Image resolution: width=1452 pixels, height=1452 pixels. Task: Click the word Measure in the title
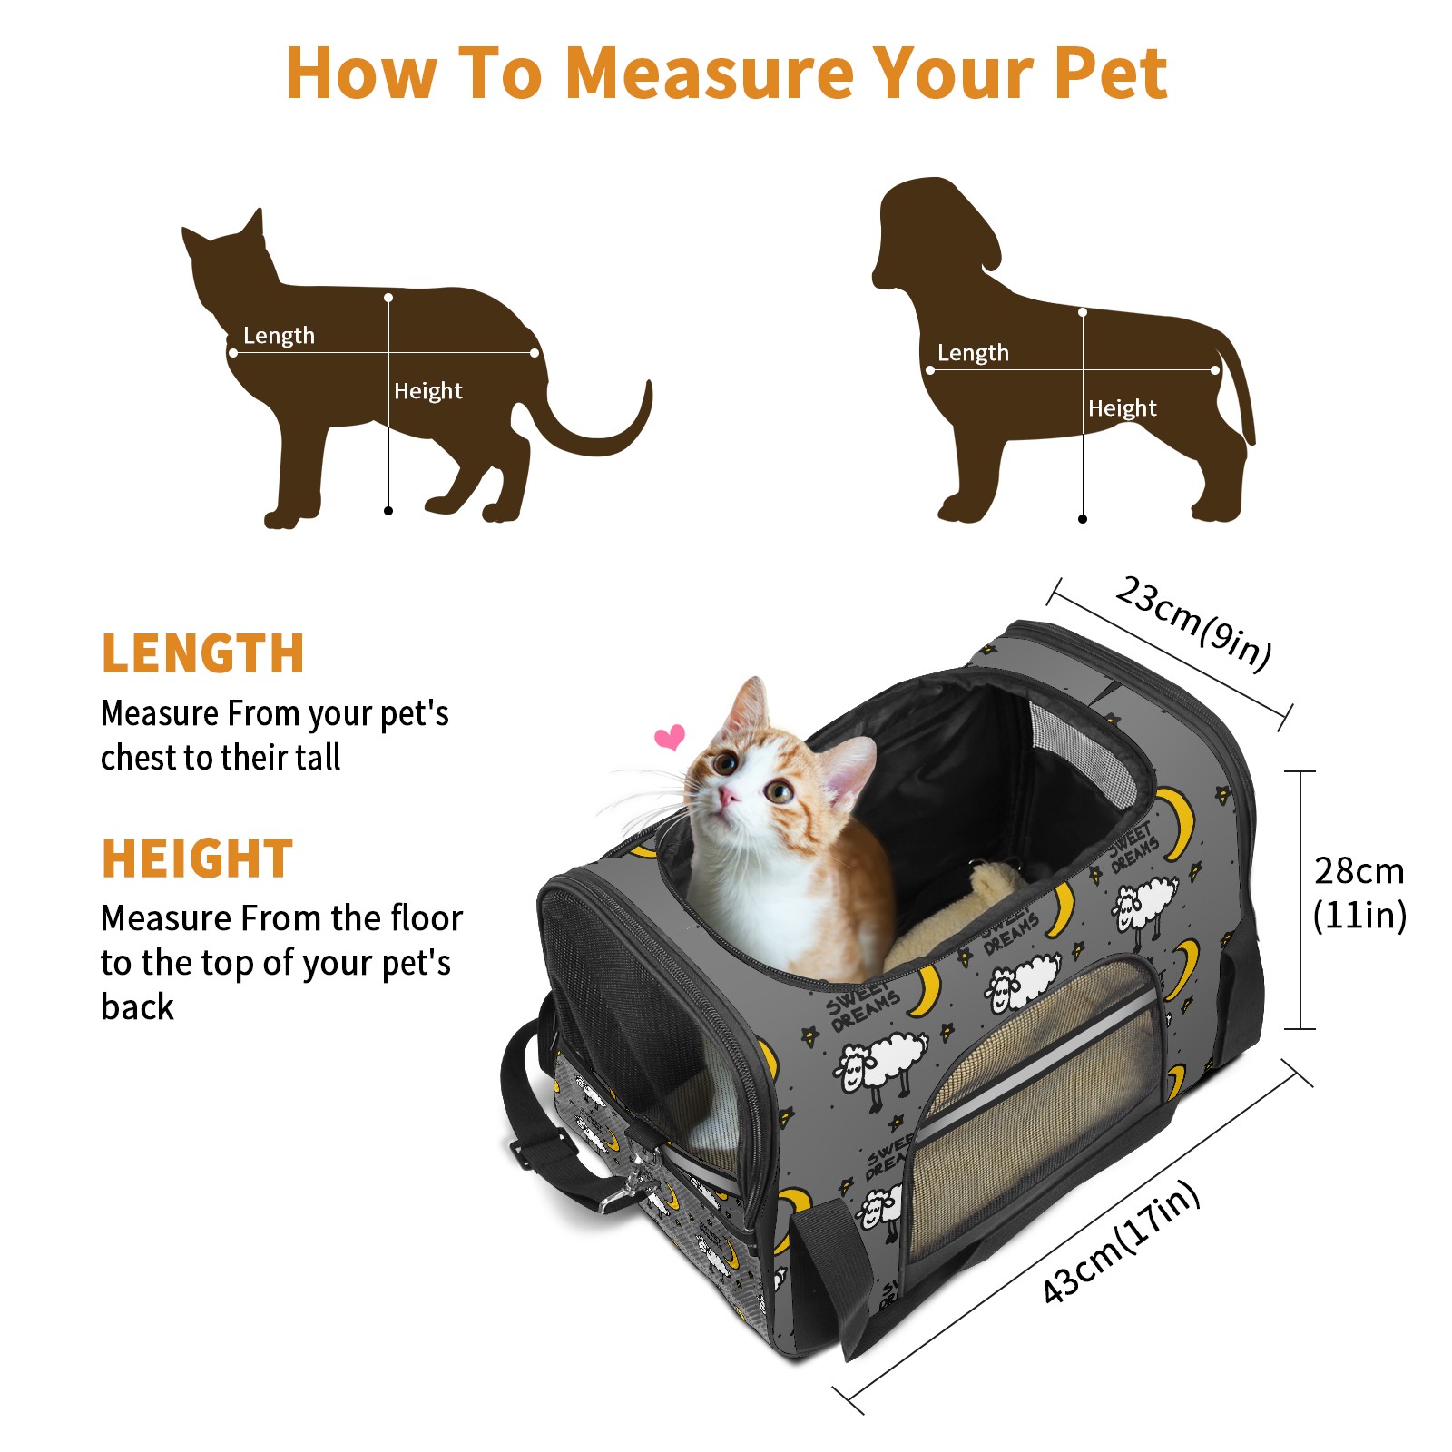tap(711, 73)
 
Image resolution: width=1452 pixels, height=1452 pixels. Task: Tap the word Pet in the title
tap(1111, 73)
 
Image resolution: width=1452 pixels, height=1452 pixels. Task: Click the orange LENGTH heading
tap(202, 653)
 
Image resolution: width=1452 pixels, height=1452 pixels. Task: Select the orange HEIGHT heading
tap(198, 858)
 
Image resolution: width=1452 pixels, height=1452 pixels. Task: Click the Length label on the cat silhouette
tap(279, 336)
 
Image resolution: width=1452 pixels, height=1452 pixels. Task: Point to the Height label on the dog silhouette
tap(1123, 408)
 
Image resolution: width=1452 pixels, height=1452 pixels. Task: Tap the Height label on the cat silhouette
tap(428, 391)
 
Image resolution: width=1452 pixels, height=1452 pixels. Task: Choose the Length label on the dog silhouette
tap(973, 353)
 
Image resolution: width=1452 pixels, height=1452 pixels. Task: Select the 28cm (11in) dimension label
tap(1359, 893)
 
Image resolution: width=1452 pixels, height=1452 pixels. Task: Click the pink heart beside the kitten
tap(670, 737)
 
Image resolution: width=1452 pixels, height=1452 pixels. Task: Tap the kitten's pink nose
tap(728, 797)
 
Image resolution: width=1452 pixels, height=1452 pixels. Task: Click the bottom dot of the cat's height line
tap(388, 511)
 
